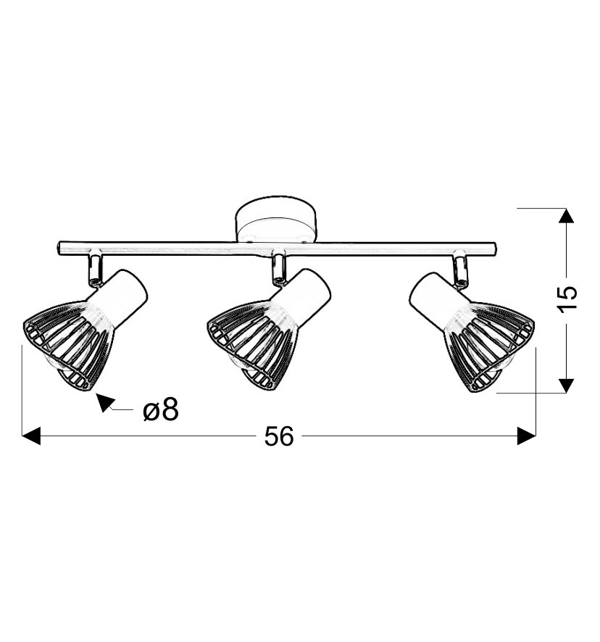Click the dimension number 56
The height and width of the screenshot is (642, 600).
(x=279, y=436)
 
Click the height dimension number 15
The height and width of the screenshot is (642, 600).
(x=567, y=293)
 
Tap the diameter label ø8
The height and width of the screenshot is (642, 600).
(x=161, y=410)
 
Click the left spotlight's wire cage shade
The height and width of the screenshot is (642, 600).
(x=67, y=344)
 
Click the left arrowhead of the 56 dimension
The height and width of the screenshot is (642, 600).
(x=31, y=436)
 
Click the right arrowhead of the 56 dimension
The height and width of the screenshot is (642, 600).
(x=526, y=436)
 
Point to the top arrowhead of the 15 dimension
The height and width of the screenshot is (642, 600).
(x=566, y=216)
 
